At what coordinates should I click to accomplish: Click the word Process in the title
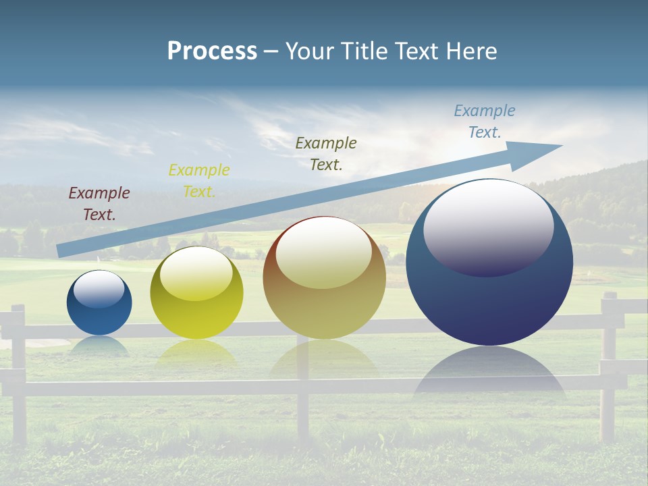point(212,51)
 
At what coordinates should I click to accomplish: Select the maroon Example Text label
point(99,204)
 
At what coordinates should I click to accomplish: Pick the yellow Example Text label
point(199,181)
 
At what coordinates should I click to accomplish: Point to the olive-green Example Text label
point(326,154)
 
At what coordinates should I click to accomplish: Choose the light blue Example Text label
point(485,122)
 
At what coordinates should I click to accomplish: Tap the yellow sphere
point(196,317)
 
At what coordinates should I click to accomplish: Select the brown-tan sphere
point(324,310)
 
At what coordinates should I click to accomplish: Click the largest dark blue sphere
point(489,304)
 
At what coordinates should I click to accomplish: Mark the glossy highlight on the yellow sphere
point(196,273)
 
